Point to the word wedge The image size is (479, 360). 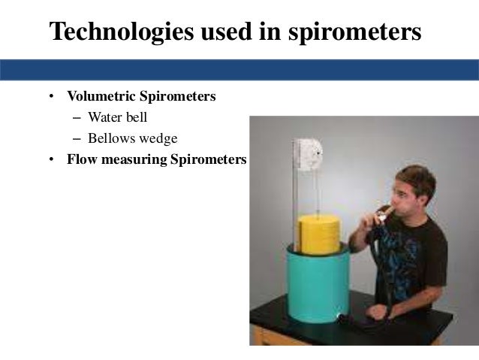point(160,138)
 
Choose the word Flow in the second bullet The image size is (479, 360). point(80,159)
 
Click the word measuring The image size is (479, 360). point(129,159)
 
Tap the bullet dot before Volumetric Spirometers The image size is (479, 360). point(52,98)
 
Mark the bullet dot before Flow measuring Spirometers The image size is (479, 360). point(52,160)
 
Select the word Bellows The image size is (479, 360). point(112,138)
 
